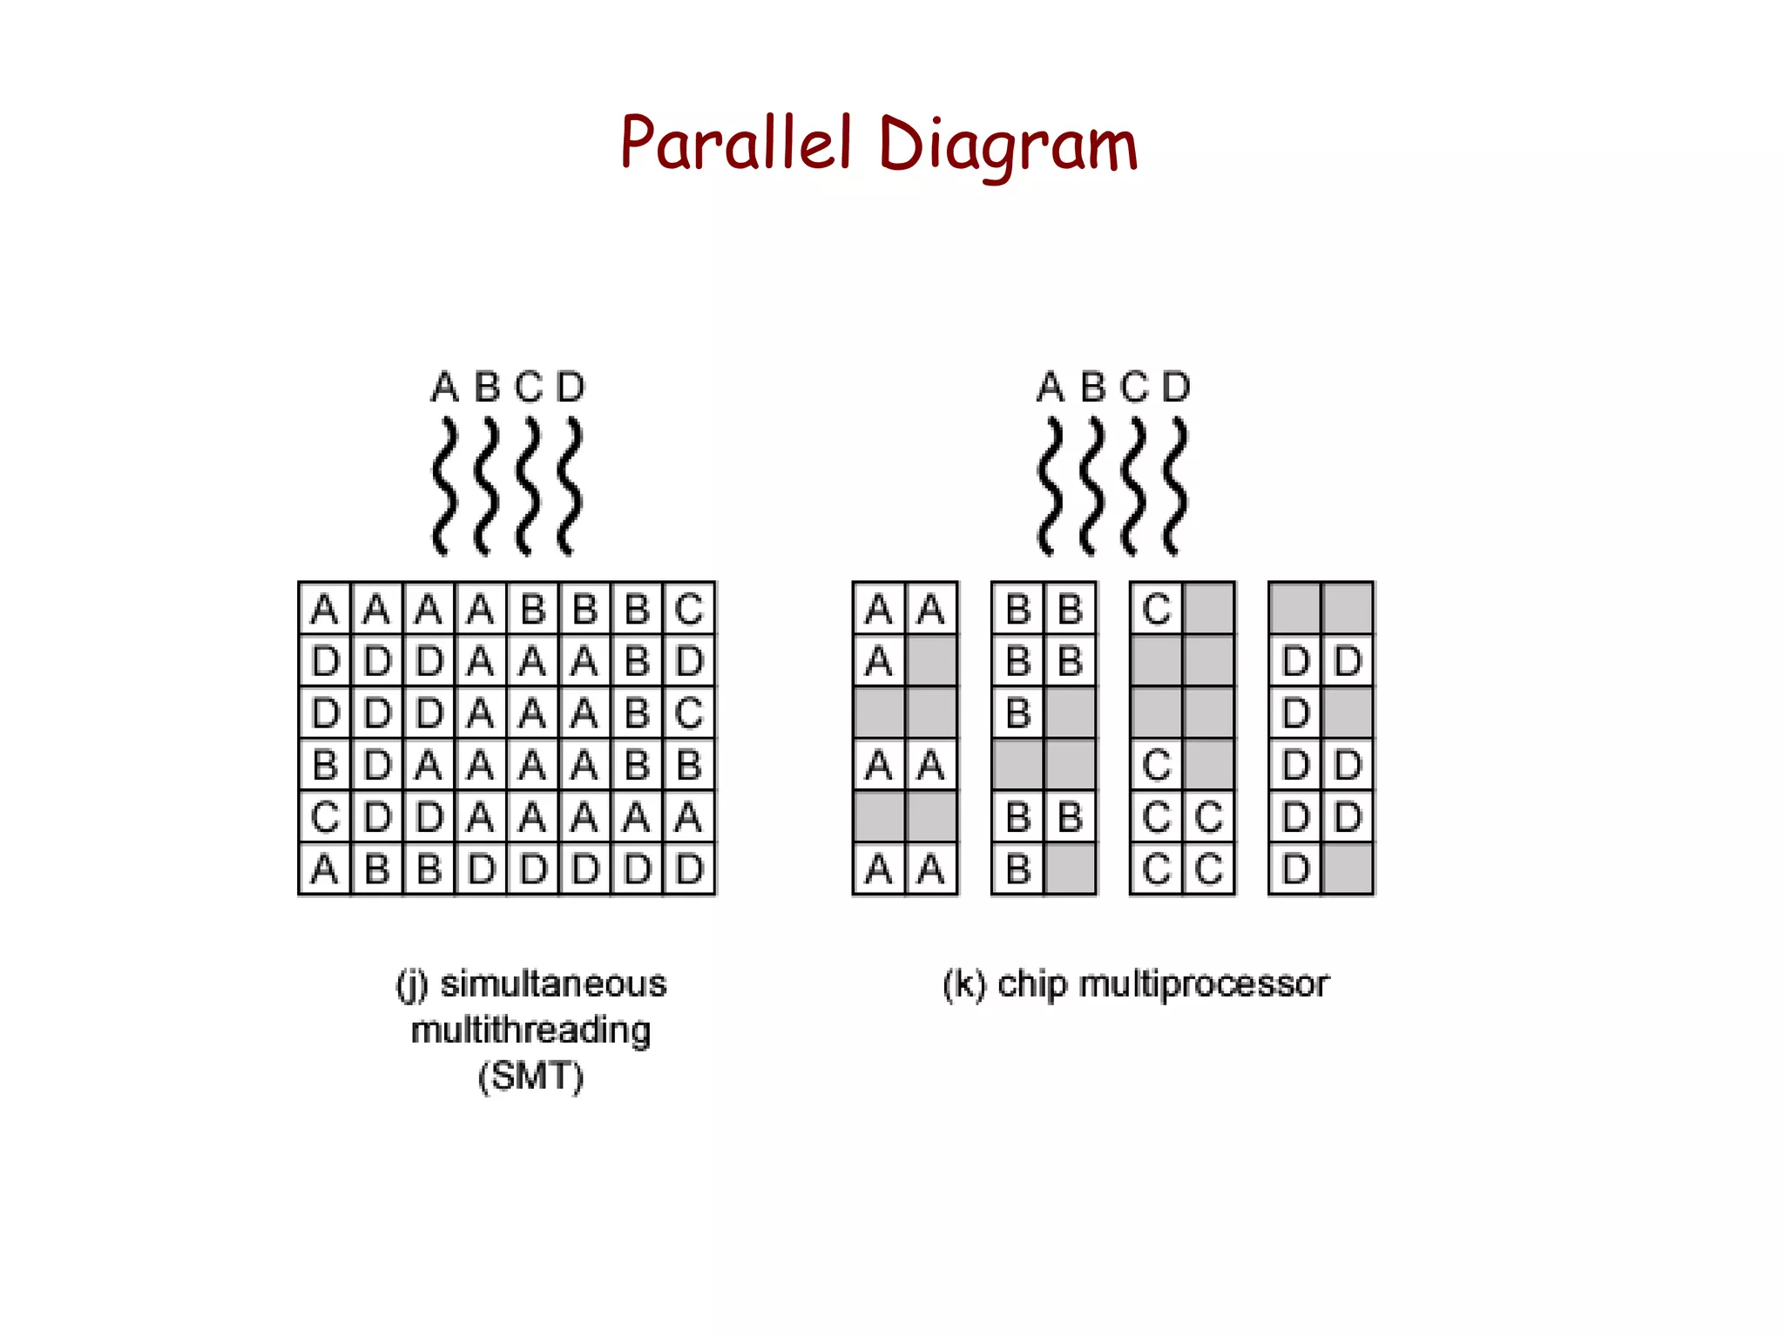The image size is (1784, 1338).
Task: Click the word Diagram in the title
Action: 1008,146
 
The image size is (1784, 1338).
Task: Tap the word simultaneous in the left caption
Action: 553,984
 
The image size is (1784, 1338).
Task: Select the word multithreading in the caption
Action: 530,1031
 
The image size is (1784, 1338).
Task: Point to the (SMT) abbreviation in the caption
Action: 530,1077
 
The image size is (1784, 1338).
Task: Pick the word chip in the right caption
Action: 1031,984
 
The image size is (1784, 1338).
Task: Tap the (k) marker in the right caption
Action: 964,984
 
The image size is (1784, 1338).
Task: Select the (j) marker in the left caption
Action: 412,985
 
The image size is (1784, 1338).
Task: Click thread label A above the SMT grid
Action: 444,387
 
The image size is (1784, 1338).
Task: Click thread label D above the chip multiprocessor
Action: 1176,387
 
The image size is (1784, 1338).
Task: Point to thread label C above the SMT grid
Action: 529,387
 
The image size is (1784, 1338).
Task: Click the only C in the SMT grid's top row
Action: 689,609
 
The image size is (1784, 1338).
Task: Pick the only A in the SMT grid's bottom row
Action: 325,869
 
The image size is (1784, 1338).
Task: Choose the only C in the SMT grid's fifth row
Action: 325,817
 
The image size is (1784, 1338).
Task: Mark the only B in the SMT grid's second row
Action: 637,661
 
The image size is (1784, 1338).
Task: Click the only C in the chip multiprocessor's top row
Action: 1157,609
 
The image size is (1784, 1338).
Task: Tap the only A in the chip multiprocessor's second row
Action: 879,661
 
